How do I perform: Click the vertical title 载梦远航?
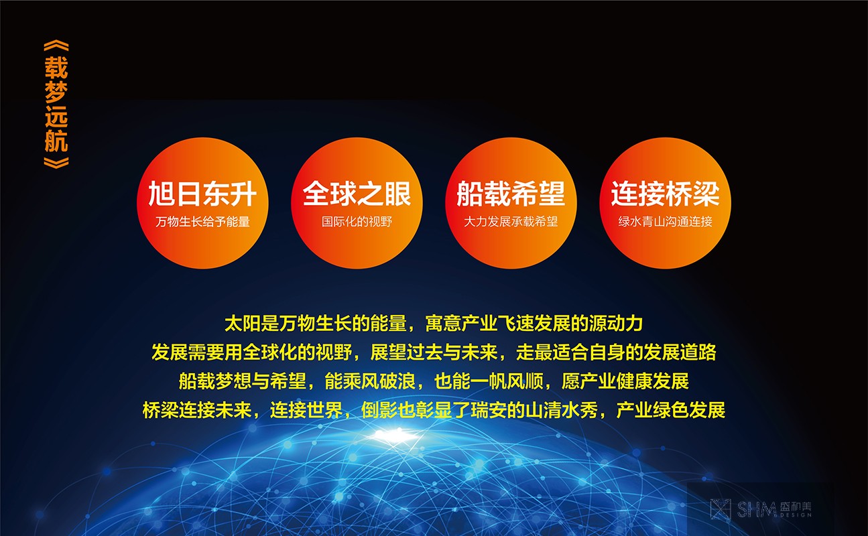(56, 105)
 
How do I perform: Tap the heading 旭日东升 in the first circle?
(202, 193)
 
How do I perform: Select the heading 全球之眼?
(357, 193)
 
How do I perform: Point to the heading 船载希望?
(511, 193)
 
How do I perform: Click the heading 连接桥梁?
(666, 193)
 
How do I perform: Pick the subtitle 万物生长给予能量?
(202, 222)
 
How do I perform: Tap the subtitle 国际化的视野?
(357, 222)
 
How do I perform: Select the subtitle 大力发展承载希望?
(511, 222)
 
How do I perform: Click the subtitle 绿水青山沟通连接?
(666, 222)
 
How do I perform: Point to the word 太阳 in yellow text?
(243, 324)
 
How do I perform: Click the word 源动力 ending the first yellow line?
(616, 324)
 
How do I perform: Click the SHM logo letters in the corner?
(756, 509)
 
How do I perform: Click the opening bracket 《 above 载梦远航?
(56, 46)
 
